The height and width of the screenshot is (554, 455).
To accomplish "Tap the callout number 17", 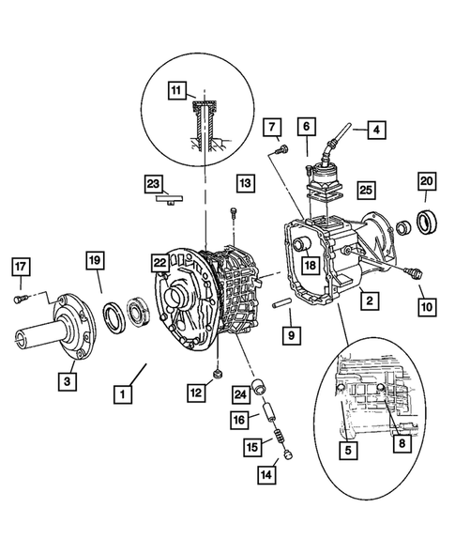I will (x=22, y=269).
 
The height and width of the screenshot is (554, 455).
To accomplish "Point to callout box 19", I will (x=94, y=259).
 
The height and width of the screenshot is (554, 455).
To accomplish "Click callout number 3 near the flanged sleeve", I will (x=66, y=380).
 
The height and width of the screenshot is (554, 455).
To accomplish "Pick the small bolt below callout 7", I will (x=281, y=148).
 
